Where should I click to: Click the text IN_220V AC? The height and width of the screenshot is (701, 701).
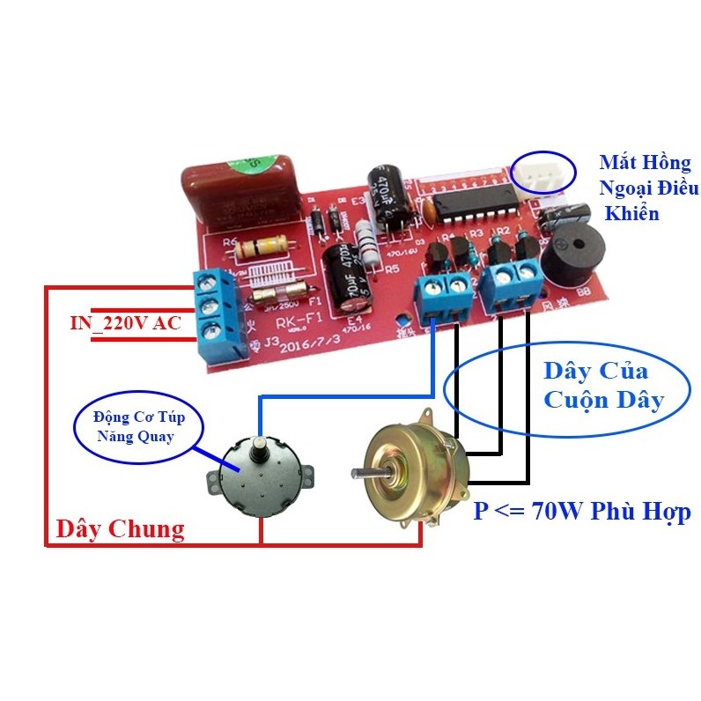tap(125, 323)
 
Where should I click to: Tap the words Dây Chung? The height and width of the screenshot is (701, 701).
tap(120, 528)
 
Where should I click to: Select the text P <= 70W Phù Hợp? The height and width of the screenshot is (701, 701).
tap(581, 511)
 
